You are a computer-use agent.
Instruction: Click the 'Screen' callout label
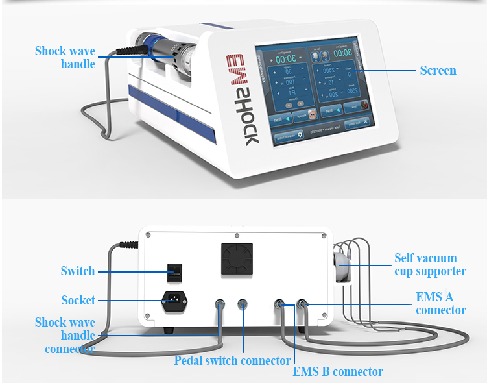coord(438,70)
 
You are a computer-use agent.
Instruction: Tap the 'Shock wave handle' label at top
coord(65,57)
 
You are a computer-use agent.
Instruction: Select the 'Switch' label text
coord(78,271)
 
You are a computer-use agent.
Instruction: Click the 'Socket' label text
coord(78,300)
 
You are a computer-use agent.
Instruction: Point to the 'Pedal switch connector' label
coord(232,360)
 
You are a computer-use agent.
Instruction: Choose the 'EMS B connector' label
coord(337,371)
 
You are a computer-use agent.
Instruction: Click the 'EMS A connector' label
coord(440,303)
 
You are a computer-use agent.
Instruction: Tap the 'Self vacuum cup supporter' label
coord(430,265)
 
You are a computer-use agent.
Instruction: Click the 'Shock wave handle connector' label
coord(65,336)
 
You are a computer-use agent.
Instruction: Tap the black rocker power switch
coord(172,273)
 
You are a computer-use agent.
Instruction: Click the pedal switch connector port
coord(243,303)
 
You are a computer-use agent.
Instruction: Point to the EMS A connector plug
coord(302,303)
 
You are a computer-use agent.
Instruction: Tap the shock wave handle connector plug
coord(220,303)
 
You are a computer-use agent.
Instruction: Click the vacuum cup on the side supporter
coord(342,262)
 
